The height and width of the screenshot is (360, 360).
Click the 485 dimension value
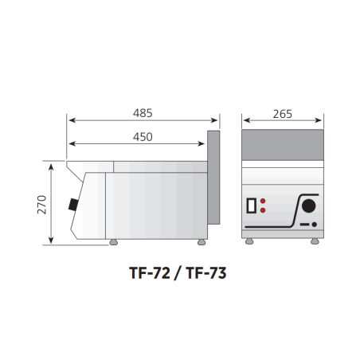pyautogui.click(x=143, y=113)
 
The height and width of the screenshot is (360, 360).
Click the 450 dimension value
pyautogui.click(x=143, y=137)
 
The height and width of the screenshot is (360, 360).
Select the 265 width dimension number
pyautogui.click(x=283, y=114)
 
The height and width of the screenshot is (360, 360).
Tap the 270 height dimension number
pyautogui.click(x=42, y=205)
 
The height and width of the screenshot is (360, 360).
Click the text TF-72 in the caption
pyautogui.click(x=150, y=273)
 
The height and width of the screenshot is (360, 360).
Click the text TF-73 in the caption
pyautogui.click(x=206, y=273)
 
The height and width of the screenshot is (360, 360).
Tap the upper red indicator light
pyautogui.click(x=263, y=201)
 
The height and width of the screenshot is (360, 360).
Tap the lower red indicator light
pyautogui.click(x=263, y=210)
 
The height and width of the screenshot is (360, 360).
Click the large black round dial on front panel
pyautogui.click(x=309, y=205)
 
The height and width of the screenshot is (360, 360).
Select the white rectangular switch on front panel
pyautogui.click(x=252, y=205)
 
